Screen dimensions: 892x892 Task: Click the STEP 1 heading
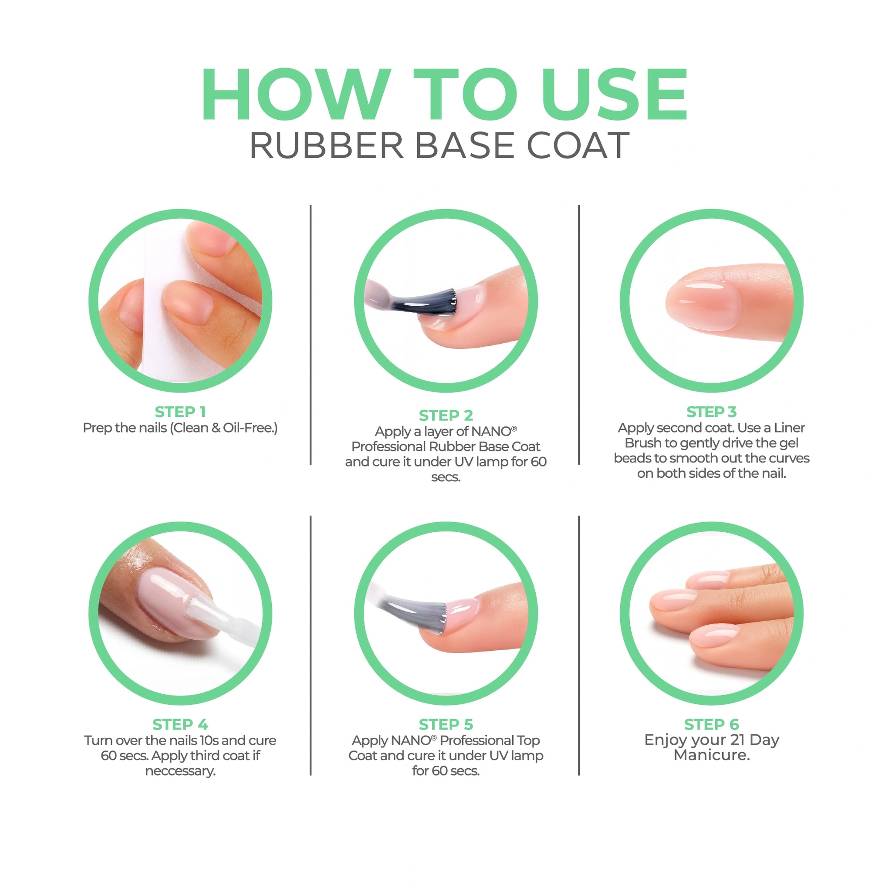point(180,411)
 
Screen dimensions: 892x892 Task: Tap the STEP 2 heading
point(446,415)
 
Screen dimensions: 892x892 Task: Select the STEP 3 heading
point(712,411)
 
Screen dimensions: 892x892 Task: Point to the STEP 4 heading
point(180,724)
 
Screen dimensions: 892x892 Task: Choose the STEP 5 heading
point(446,724)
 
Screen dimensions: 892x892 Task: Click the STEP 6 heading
point(712,724)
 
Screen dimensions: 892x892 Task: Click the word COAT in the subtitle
point(578,145)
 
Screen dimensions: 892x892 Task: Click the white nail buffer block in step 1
point(185,305)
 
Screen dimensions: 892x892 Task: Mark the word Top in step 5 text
point(528,741)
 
